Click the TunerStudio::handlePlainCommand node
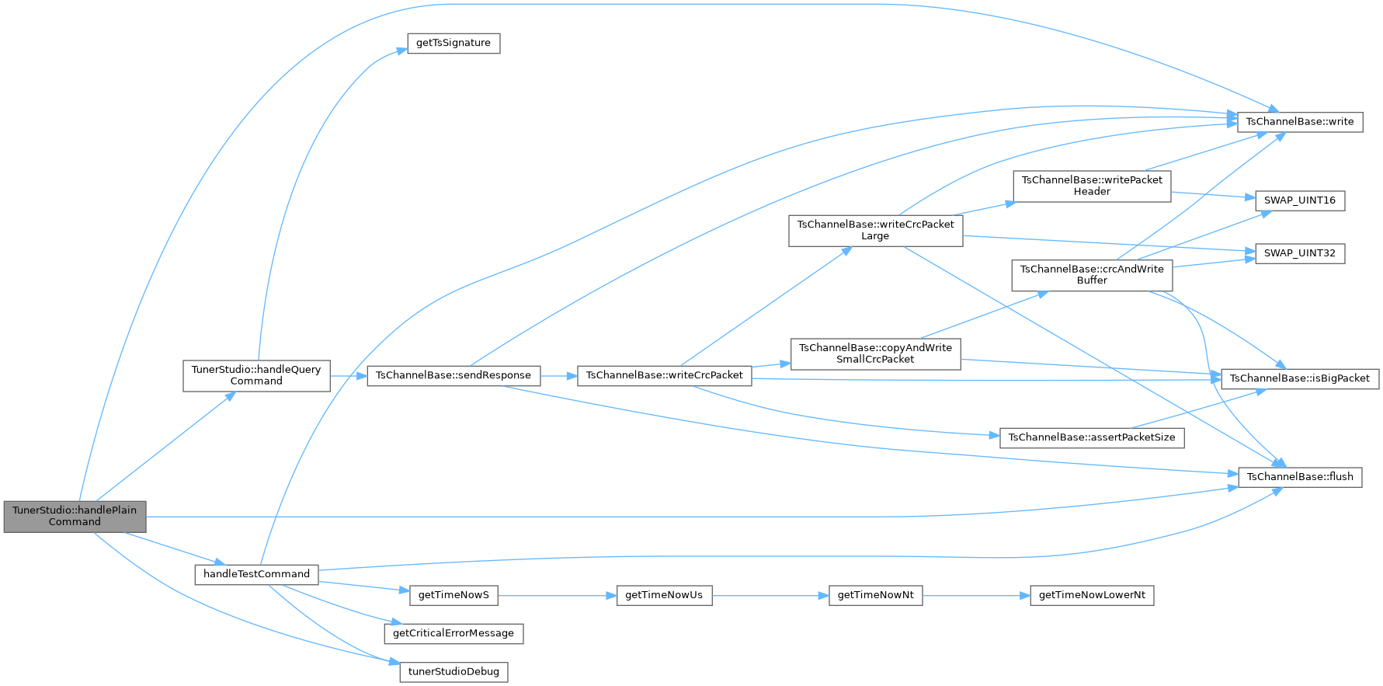[x=75, y=516]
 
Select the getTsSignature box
[x=453, y=43]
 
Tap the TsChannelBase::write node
[x=1299, y=121]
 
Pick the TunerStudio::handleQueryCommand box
[x=256, y=375]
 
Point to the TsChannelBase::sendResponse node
[x=453, y=375]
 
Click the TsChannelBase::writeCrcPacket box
[x=664, y=375]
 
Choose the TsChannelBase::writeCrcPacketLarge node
[x=875, y=230]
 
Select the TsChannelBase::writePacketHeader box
[x=1092, y=186]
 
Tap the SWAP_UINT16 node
[x=1299, y=200]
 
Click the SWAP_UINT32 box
[x=1299, y=253]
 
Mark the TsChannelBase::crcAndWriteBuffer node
[x=1092, y=275]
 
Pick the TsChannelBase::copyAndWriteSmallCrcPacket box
[x=875, y=353]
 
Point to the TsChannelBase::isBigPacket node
[x=1300, y=378]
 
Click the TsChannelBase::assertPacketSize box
[x=1092, y=437]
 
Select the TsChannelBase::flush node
[x=1299, y=476]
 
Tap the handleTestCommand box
[x=256, y=574]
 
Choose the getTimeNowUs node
[x=664, y=595]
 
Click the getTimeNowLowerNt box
[x=1092, y=595]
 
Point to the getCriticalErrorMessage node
[x=453, y=633]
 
